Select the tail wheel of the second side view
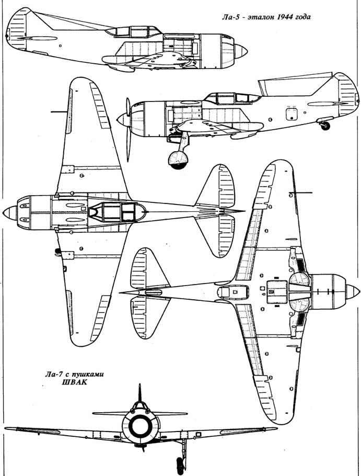pyautogui.click(x=326, y=126)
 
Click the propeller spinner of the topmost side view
pyautogui.click(x=241, y=51)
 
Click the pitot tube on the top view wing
pyautogui.click(x=60, y=112)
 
